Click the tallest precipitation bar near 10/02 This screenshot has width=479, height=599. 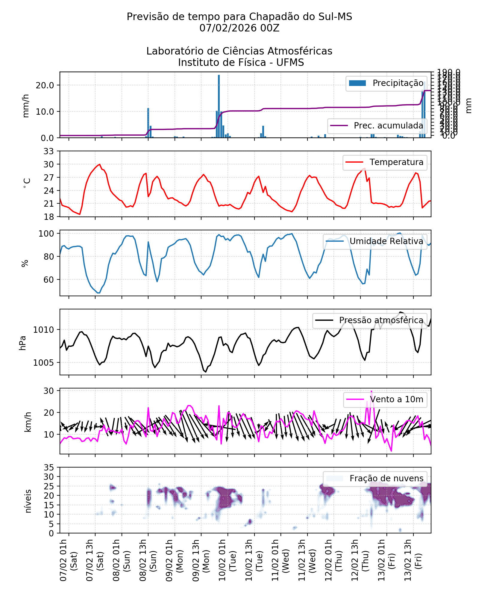tap(219, 106)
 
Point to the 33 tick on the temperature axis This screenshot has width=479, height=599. tap(49, 151)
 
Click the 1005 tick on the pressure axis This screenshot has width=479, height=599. tap(43, 363)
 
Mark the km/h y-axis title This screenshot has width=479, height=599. tap(28, 422)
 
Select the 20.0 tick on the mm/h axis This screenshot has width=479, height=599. tap(45, 85)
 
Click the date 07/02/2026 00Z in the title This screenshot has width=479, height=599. tap(239, 28)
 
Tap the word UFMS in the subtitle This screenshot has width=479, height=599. tap(290, 63)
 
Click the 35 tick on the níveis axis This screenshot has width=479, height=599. tap(49, 468)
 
